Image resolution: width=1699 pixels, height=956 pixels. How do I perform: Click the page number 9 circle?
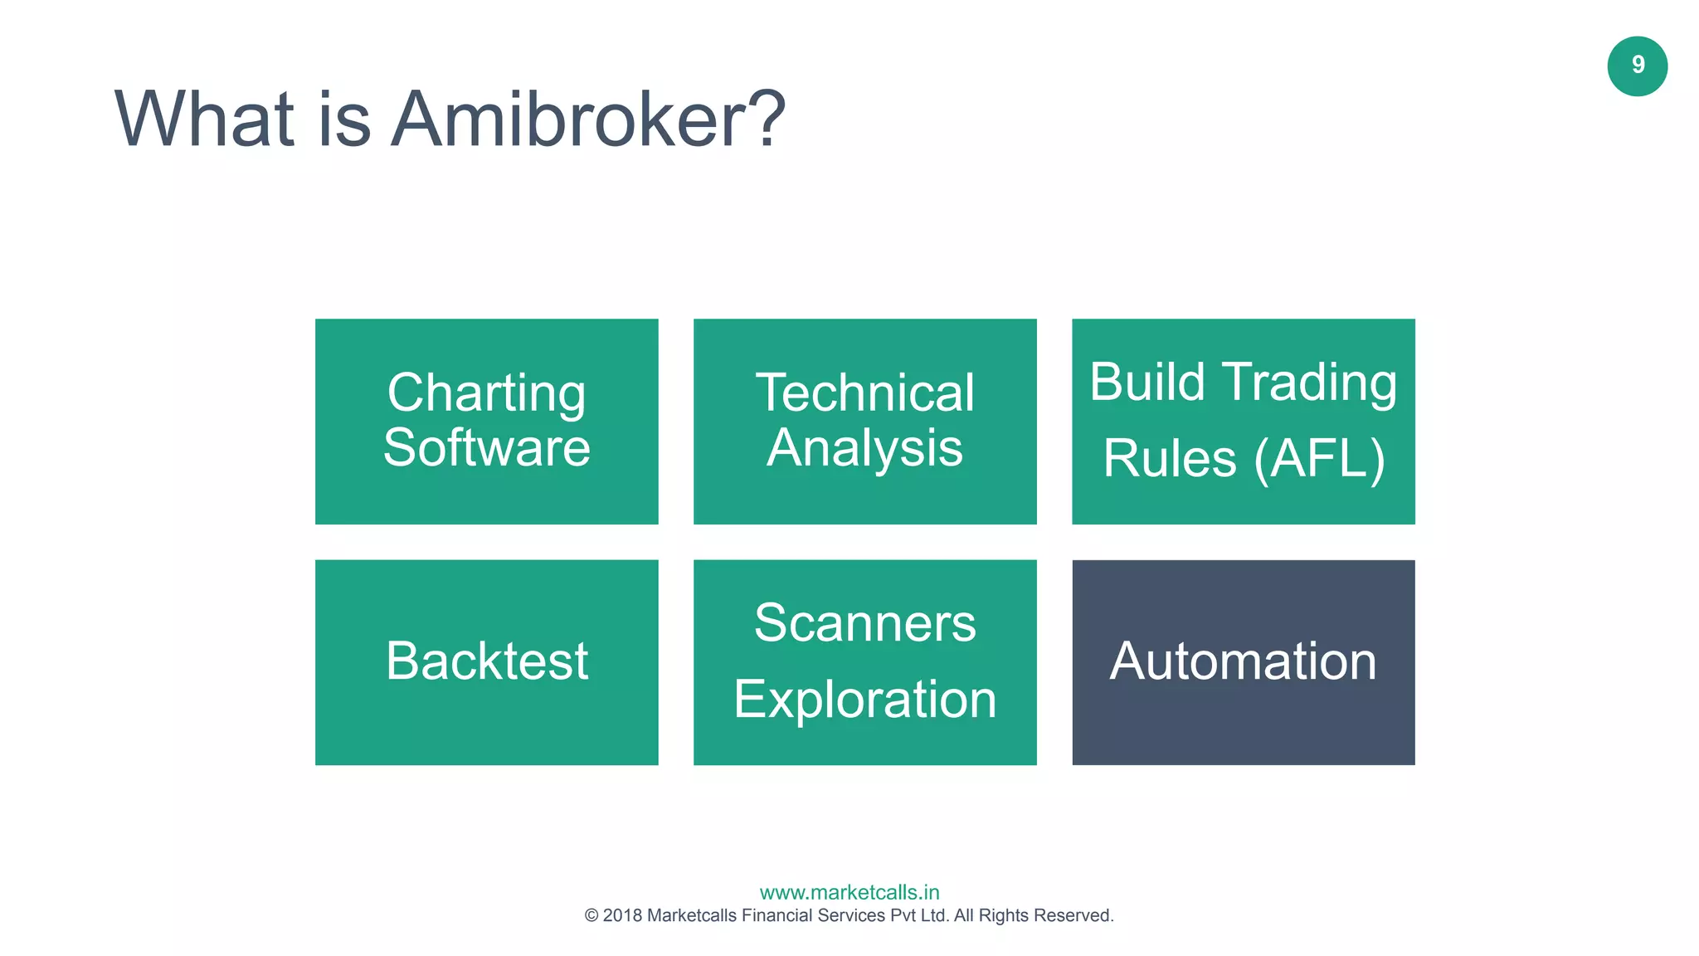(1637, 66)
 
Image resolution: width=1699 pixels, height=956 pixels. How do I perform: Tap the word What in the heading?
(204, 120)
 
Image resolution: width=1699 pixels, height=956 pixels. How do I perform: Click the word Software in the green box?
(486, 448)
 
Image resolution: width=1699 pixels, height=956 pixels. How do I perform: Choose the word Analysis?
(864, 449)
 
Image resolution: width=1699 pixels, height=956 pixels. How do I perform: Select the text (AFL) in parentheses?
(1319, 459)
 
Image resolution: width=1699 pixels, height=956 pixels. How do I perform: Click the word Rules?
(1169, 459)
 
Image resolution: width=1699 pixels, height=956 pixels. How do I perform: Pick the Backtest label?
(486, 661)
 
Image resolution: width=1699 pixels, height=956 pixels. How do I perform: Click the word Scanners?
(864, 623)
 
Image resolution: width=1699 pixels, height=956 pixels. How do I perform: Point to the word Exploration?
(864, 700)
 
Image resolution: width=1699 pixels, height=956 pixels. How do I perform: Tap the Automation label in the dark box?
(1243, 661)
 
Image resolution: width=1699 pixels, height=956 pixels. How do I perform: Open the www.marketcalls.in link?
(849, 893)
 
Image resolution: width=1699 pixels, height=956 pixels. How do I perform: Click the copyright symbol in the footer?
(591, 916)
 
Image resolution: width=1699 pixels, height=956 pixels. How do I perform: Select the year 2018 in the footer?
(622, 916)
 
